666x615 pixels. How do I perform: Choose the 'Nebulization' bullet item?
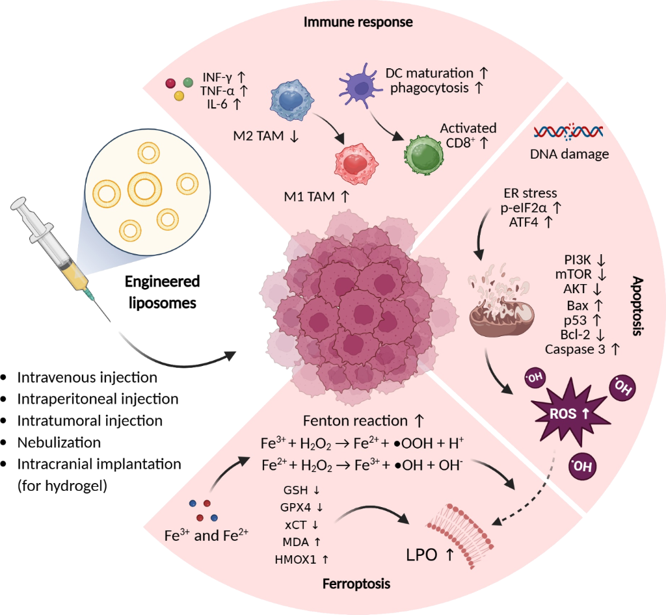tap(59, 443)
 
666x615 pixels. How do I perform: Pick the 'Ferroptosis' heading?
tap(356, 584)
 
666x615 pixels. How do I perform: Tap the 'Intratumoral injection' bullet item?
tap(90, 421)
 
